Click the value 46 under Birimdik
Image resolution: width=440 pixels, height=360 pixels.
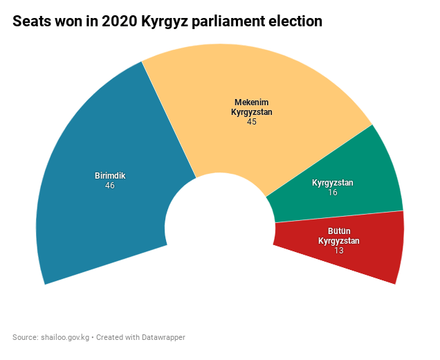point(110,186)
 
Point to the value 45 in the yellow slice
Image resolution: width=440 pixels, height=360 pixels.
point(252,121)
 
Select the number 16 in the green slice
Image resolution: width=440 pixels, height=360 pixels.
point(333,192)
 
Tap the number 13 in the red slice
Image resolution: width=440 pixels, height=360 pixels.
point(339,250)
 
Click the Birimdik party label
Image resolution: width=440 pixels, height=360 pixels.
point(110,176)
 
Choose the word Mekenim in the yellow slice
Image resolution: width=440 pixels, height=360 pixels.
point(251,102)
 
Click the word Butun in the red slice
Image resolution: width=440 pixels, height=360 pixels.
point(339,232)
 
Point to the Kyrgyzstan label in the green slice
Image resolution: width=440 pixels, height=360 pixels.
point(333,183)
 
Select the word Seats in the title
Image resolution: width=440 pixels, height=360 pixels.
point(31,21)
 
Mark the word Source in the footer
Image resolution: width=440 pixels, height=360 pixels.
point(24,337)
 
